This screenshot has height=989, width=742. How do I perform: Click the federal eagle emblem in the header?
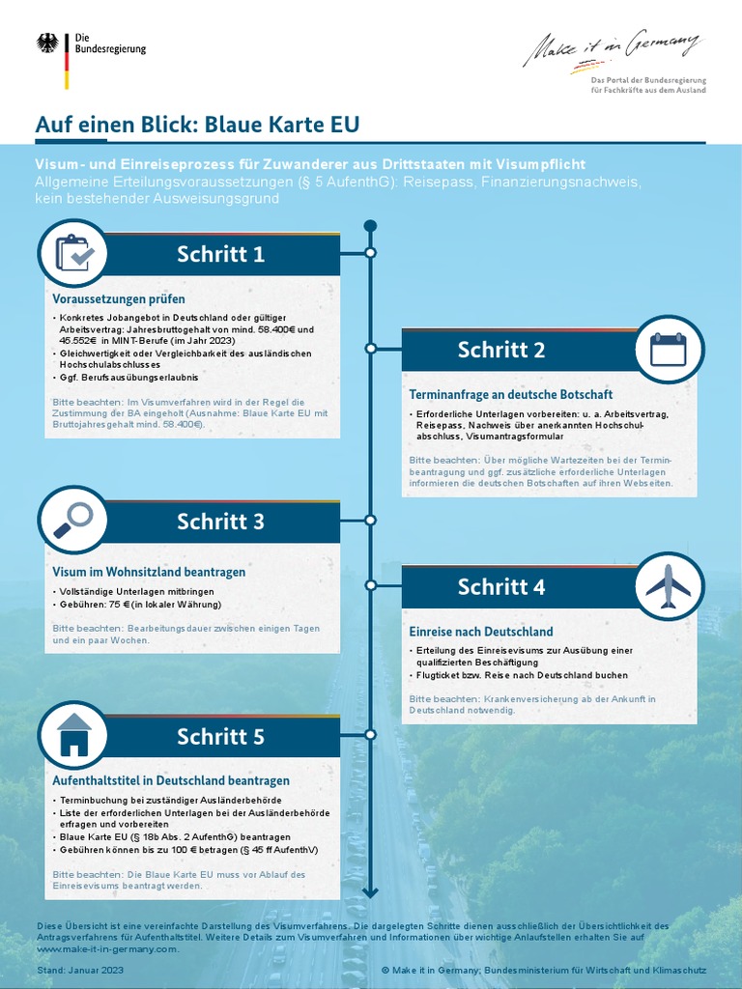tap(46, 43)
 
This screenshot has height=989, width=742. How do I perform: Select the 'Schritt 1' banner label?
tap(220, 254)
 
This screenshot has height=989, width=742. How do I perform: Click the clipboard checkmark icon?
tap(72, 253)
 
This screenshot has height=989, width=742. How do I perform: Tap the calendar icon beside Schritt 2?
tap(668, 350)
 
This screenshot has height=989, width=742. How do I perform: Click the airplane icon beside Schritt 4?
tap(668, 585)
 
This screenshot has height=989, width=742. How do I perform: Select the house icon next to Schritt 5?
tap(72, 736)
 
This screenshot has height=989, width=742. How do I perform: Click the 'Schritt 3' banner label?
tap(220, 522)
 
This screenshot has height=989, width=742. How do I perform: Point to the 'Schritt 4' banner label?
tap(501, 587)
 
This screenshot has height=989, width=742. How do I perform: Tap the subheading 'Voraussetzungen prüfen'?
tap(119, 298)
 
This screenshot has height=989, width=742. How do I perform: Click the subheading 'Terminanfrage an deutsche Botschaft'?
tap(511, 394)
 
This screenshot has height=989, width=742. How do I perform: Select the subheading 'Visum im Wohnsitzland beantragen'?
tap(149, 572)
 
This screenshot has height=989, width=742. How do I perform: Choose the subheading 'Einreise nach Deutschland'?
tap(481, 631)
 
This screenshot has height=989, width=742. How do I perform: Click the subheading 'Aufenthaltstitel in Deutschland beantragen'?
tap(171, 780)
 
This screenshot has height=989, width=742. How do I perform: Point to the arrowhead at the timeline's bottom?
tap(370, 890)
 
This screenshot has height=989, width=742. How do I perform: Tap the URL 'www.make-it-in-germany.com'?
tap(107, 949)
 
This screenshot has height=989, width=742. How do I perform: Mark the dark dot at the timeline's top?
tap(370, 226)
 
